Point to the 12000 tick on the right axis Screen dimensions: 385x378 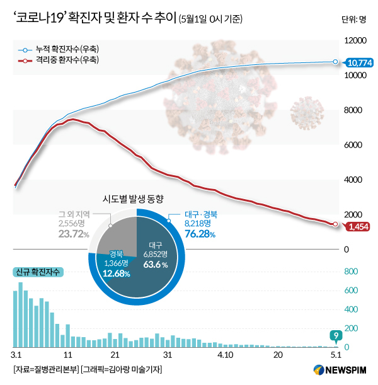point(354,41)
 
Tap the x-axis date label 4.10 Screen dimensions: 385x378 point(226,354)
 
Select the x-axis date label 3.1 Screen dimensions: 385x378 point(17,354)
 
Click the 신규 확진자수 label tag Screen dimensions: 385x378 point(37,272)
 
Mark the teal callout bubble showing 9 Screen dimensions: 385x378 point(337,335)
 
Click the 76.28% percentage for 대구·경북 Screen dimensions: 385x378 point(200,234)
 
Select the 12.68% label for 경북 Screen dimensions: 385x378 point(115,273)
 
